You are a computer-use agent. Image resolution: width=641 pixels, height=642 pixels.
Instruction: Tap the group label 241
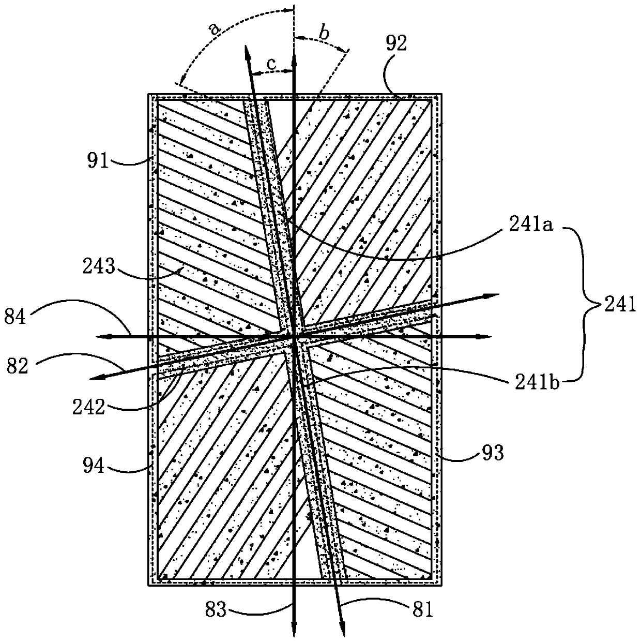coord(624,307)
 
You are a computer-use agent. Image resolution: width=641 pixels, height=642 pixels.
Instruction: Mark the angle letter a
coord(213,29)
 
